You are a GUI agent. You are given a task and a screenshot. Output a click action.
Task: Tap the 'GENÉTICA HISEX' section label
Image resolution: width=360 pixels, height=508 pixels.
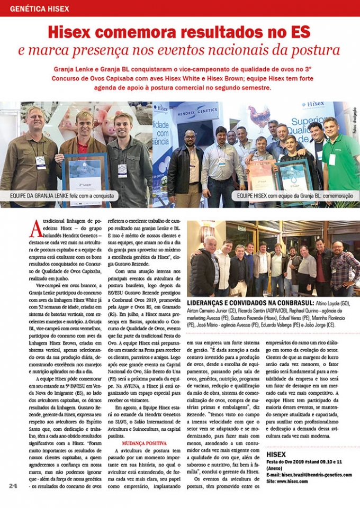pyautogui.click(x=40, y=8)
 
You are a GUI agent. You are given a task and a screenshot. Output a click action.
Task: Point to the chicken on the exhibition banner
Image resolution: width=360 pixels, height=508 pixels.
pyautogui.click(x=259, y=117)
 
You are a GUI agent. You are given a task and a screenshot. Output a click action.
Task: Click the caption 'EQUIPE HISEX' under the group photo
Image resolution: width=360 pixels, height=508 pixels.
pyautogui.click(x=253, y=195)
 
